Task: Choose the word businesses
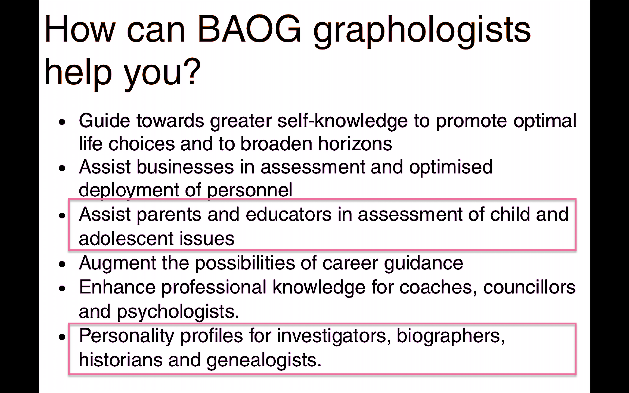185,167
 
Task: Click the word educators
288,215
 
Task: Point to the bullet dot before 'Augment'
62,264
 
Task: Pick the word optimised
451,167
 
